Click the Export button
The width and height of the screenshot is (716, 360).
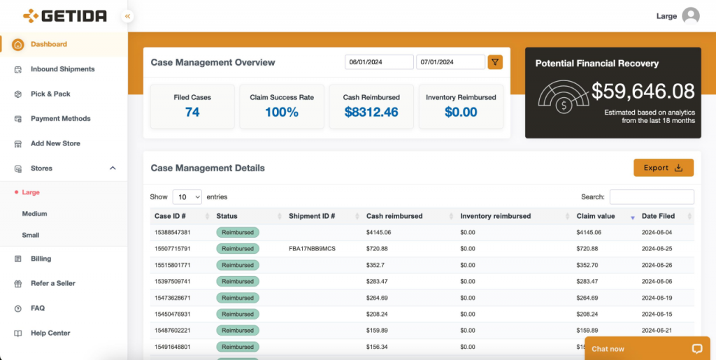[x=664, y=168]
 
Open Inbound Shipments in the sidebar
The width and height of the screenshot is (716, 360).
[x=62, y=69]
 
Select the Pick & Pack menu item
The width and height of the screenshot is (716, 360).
[x=50, y=94]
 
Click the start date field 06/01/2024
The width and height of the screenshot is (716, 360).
[x=379, y=62]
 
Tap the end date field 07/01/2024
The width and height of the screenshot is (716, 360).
[x=450, y=62]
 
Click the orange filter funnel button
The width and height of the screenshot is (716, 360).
[x=495, y=62]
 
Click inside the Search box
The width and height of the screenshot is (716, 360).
[x=652, y=197]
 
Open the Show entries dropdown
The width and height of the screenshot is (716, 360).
[x=187, y=197]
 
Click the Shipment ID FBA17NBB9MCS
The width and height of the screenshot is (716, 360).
[x=313, y=249]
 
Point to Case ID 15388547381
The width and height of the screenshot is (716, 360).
[x=173, y=232]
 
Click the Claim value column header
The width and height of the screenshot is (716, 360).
[x=596, y=216]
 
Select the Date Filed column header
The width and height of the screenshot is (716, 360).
[x=658, y=216]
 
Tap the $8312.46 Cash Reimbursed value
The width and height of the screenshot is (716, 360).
[x=371, y=112]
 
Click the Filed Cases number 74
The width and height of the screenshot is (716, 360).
[x=192, y=112]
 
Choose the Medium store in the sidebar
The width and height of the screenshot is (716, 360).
[x=35, y=213]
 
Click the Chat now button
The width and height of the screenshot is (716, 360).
[x=647, y=349]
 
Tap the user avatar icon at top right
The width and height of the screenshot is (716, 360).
[x=691, y=16]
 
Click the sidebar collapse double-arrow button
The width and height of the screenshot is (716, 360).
[x=127, y=16]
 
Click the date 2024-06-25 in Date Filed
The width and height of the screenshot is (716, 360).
[x=657, y=249]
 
